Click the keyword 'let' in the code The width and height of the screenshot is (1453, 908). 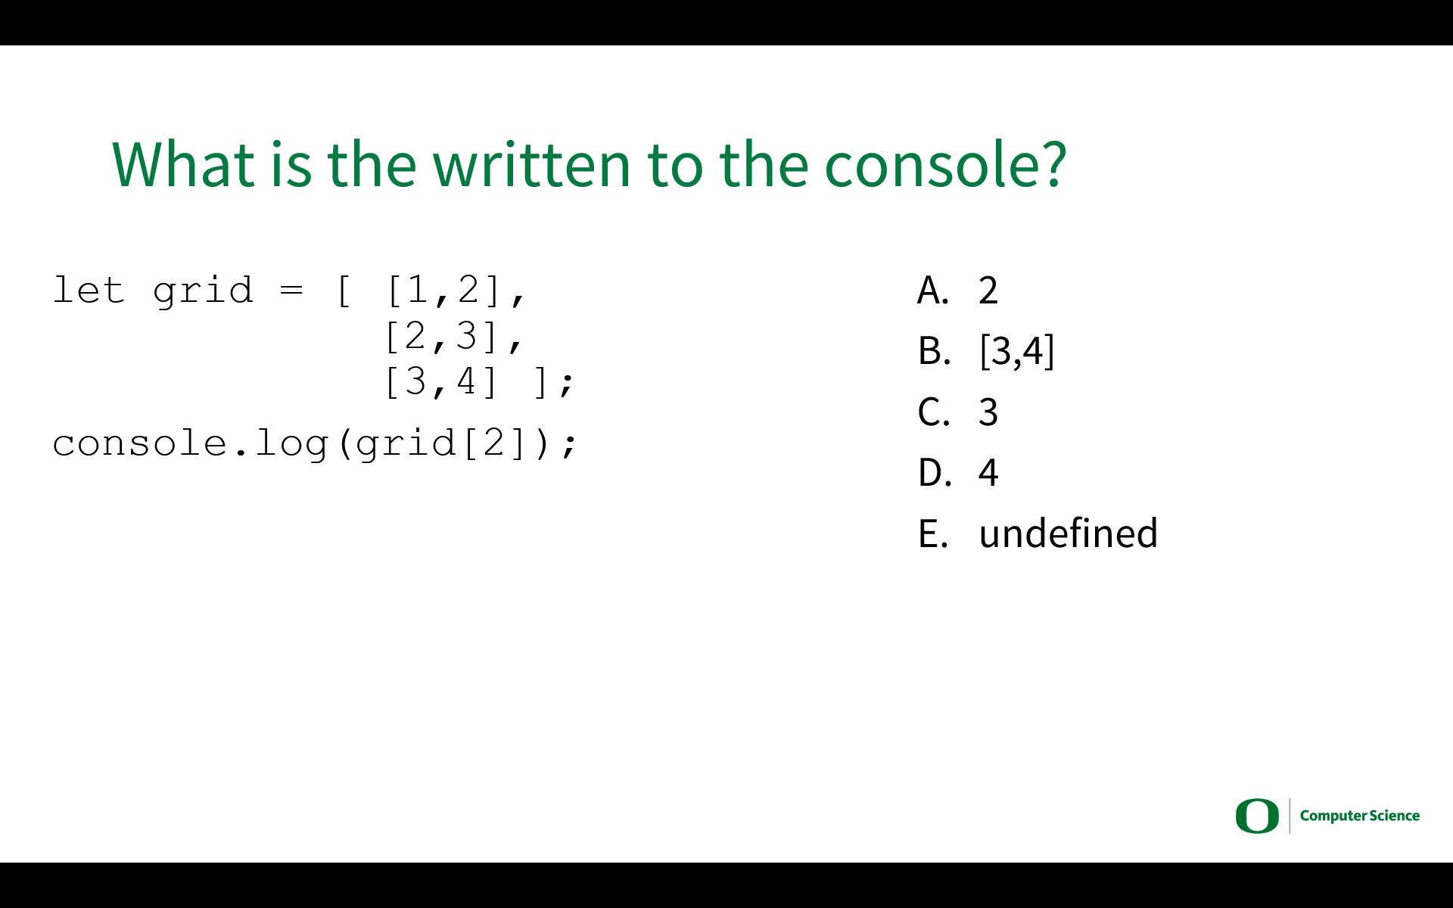(x=89, y=291)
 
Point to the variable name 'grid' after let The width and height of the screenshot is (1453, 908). (x=203, y=292)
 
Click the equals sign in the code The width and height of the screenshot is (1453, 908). (x=291, y=291)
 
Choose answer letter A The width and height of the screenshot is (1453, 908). (x=933, y=290)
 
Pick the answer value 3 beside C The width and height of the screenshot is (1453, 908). (x=988, y=412)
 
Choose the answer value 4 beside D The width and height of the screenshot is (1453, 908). (x=988, y=473)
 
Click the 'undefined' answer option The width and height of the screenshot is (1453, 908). (x=1068, y=533)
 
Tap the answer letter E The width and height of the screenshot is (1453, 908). (x=933, y=533)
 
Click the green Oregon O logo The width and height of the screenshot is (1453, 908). (x=1257, y=816)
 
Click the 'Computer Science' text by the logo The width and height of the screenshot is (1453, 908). (x=1360, y=816)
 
